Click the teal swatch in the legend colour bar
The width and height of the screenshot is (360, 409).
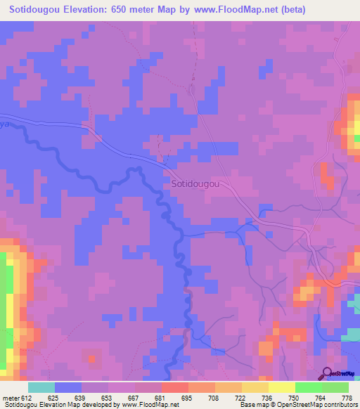(41, 387)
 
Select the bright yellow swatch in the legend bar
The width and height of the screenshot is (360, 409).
(281, 387)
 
